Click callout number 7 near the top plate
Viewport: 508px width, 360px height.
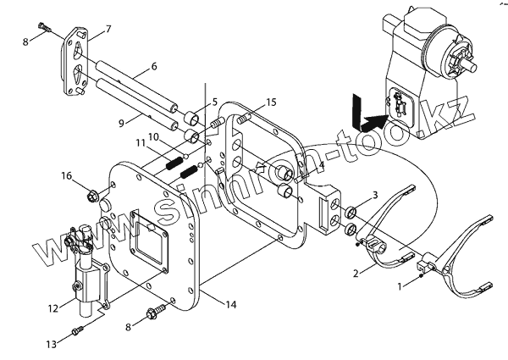[108, 30]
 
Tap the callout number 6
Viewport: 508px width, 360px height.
[154, 66]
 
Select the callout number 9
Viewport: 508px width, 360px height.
[121, 124]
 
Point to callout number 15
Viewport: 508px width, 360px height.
[271, 102]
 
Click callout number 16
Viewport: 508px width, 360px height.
[66, 176]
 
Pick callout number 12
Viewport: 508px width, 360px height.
[52, 308]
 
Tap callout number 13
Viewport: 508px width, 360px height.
[51, 344]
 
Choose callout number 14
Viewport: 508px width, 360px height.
[231, 305]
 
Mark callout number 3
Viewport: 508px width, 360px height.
[375, 195]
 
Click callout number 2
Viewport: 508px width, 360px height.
[356, 274]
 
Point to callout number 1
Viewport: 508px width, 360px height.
[400, 286]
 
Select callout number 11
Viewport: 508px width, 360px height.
[140, 143]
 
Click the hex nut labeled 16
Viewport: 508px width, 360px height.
[92, 197]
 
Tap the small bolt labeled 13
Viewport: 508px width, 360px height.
[77, 331]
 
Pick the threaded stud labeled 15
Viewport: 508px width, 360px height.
[245, 119]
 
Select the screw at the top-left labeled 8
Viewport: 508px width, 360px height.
[46, 26]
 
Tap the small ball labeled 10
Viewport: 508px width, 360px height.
[185, 157]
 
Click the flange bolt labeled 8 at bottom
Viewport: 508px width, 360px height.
[157, 311]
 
